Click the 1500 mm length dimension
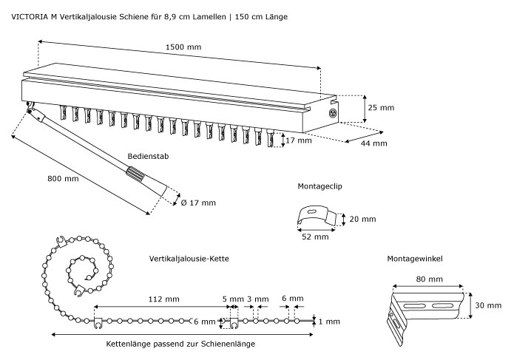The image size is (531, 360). [184, 47]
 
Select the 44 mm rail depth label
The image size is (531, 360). [374, 143]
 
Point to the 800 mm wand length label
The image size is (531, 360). [62, 178]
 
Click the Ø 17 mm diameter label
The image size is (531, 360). [198, 203]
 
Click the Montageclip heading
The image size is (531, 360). [319, 187]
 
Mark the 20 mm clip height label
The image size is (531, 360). [363, 220]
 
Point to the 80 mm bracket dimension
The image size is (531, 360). [430, 279]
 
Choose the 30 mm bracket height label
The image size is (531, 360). [488, 305]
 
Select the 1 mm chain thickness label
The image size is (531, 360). [329, 322]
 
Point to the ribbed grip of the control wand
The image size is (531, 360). [138, 176]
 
